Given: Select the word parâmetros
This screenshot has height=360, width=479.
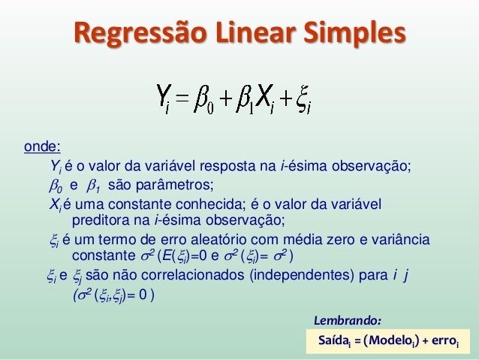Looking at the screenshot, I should click(176, 184).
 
